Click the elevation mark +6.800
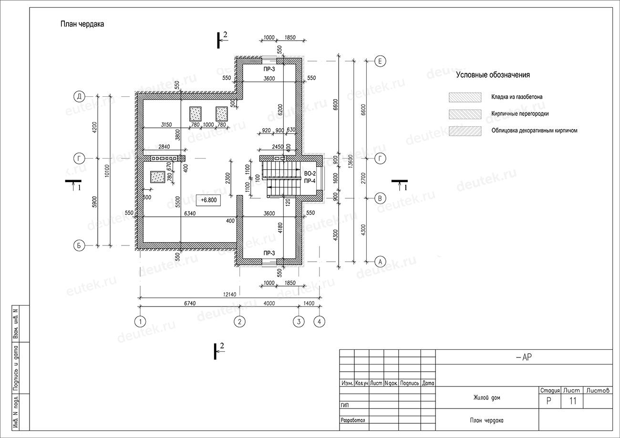pos(208,200)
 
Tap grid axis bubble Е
pos(380,61)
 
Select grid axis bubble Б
pos(79,245)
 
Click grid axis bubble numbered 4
pos(320,322)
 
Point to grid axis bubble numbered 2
pos(239,322)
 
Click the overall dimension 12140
pos(229,295)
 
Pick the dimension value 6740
pos(190,303)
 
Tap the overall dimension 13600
pos(351,162)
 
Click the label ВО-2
pos(310,173)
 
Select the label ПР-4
pos(310,181)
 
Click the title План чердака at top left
pos(82,24)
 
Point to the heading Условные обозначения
pos(493,75)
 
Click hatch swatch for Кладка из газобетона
pos(465,97)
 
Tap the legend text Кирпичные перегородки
pos(520,113)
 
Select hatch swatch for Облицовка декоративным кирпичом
pos(465,131)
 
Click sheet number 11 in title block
pos(573,401)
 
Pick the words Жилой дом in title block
pos(487,397)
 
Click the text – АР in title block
pos(524,357)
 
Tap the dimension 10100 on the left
pos(107,171)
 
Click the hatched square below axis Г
pos(158,177)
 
